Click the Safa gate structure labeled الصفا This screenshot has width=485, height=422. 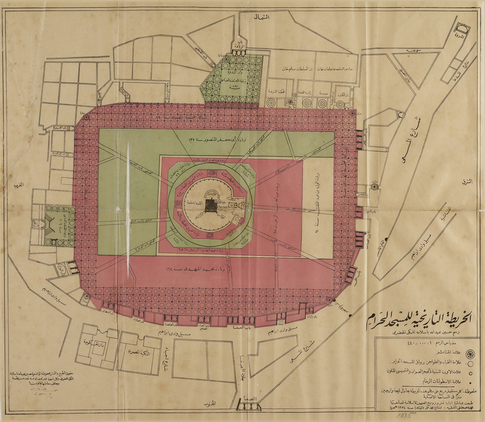249,406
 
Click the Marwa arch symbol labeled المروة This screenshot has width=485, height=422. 460,32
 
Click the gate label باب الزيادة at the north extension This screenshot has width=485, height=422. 239,50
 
